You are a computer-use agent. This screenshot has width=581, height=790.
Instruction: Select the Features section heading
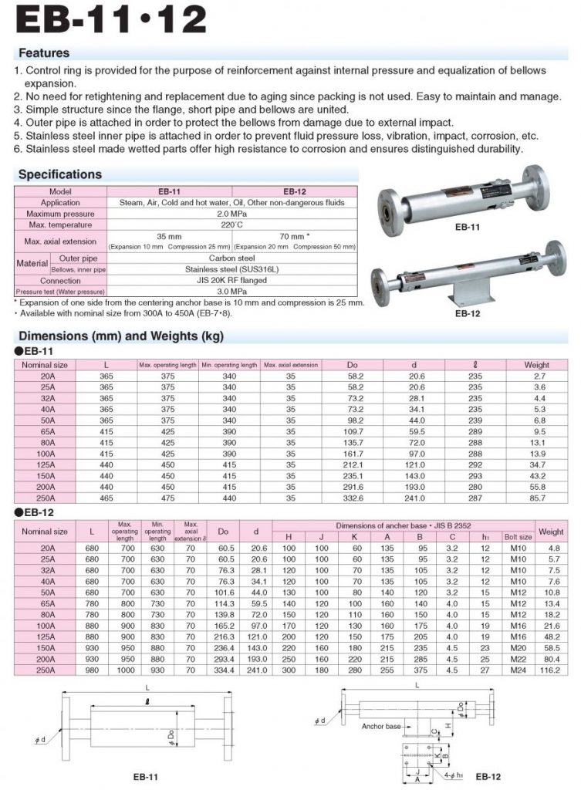pos(44,53)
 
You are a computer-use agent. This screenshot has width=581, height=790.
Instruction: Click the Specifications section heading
pos(60,174)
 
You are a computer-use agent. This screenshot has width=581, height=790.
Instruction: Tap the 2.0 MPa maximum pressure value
pos(232,213)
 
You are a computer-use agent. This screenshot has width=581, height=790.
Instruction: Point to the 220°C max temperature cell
pos(232,225)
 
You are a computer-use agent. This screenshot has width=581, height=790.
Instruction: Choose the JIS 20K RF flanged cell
pos(232,281)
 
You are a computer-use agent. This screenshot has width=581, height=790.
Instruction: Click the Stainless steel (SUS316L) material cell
pos(232,269)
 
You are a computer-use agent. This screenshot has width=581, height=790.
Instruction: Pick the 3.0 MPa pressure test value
pos(232,292)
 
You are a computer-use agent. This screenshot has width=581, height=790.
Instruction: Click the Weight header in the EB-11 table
pos(537,365)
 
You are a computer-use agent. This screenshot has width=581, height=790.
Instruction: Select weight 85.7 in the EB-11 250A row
pos(537,500)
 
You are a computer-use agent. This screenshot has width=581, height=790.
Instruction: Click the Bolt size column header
pos(518,536)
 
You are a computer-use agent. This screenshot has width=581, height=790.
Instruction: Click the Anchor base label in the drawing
pos(381,726)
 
